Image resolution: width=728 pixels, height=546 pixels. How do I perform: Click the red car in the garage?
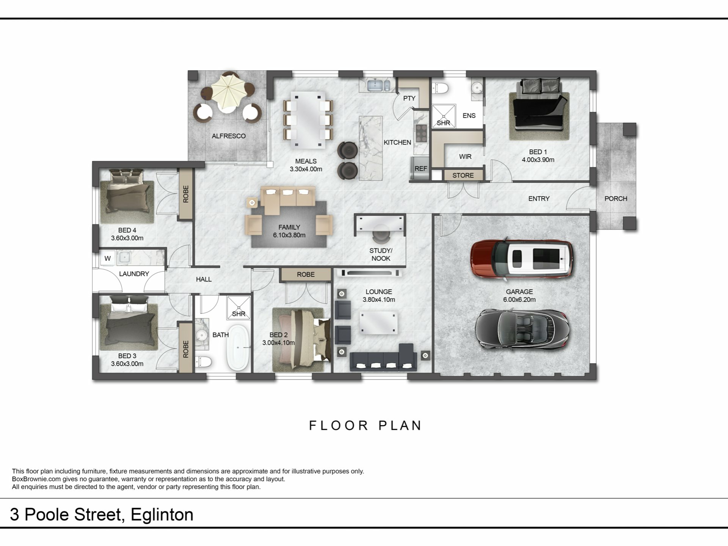pos(522,259)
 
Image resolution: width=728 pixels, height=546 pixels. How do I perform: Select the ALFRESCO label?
pos(229,136)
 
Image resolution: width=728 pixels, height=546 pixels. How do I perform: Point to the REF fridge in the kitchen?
pos(420,168)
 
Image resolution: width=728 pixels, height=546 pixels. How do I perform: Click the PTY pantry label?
pos(409,98)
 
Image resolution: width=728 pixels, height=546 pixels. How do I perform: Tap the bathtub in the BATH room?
pos(238,347)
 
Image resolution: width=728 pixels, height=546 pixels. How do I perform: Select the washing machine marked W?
pos(108,259)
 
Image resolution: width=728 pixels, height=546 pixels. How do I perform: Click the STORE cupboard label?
pos(463,176)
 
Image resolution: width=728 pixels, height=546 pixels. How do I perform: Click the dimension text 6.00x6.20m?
pos(519,300)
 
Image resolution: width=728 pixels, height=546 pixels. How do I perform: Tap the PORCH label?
pos(616,199)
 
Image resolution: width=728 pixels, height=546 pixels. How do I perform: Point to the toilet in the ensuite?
pos(440,88)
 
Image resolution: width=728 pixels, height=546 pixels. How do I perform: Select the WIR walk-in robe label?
pos(465,157)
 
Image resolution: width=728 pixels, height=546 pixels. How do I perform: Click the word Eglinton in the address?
pos(162,515)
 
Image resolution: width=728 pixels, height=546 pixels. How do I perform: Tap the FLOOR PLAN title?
pos(366,425)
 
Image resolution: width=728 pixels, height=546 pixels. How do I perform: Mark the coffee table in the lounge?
pos(378,323)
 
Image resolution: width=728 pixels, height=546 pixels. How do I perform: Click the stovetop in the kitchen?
pos(421,133)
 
